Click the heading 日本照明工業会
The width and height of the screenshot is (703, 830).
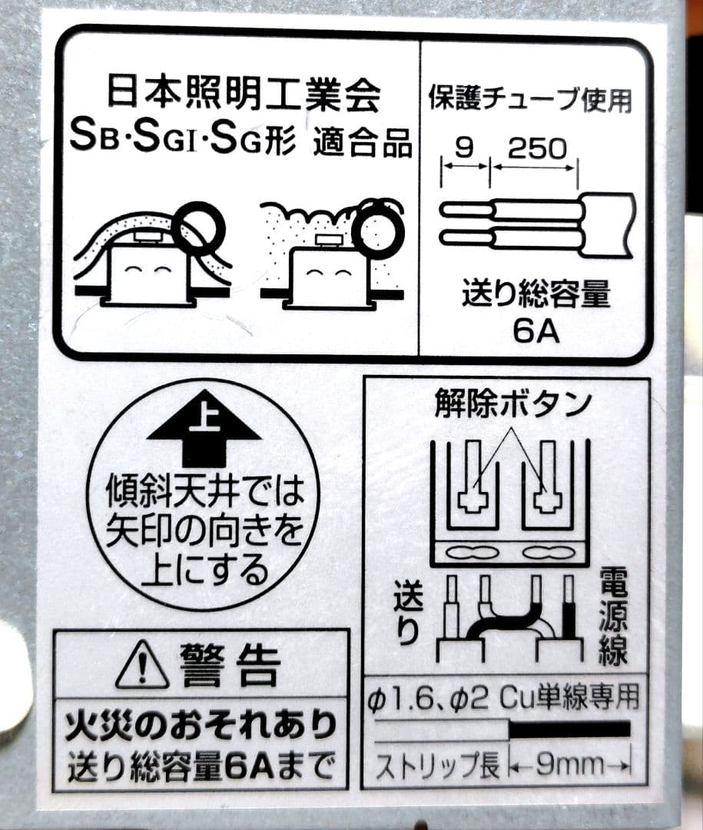tap(244, 95)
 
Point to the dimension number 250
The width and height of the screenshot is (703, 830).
tap(537, 149)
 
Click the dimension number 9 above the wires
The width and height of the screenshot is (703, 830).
tap(464, 149)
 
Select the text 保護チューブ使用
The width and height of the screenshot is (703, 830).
tap(530, 98)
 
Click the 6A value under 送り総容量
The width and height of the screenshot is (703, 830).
tap(536, 331)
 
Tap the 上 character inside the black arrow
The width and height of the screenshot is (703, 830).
tap(204, 421)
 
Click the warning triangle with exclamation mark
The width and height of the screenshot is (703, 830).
tap(142, 663)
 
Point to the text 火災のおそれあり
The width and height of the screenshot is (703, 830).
tap(201, 725)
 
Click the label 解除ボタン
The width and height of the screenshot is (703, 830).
tap(512, 404)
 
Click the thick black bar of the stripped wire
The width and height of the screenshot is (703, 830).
tap(569, 729)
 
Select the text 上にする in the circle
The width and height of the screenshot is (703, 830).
tap(205, 570)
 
